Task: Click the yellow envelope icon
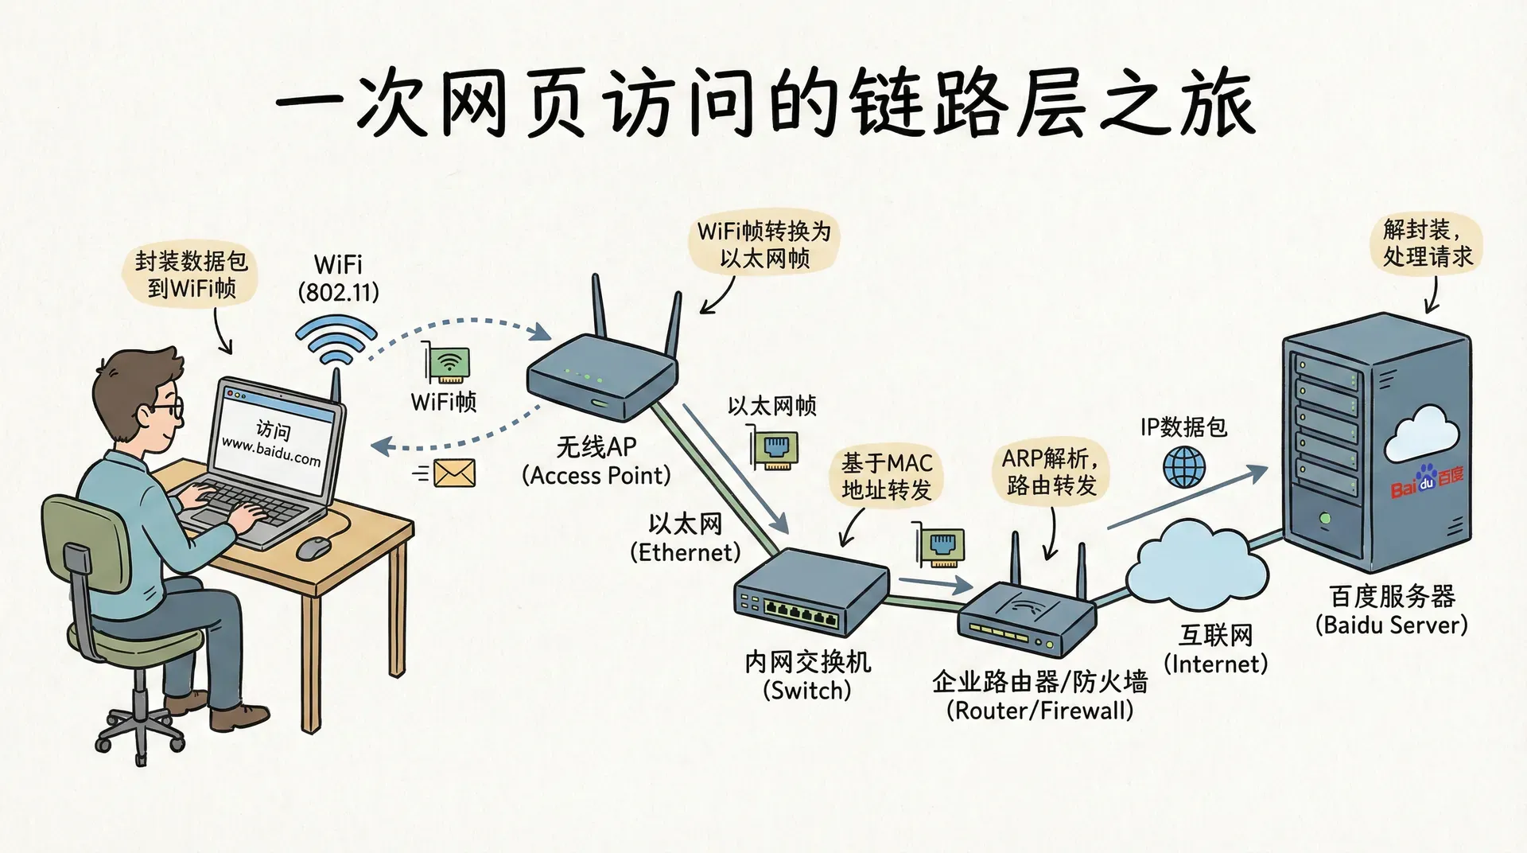coord(455,473)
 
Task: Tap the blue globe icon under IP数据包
coord(1184,466)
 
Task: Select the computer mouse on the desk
coord(314,547)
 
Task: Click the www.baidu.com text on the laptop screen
coord(270,451)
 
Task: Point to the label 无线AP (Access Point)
coord(596,461)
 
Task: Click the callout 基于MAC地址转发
coord(887,476)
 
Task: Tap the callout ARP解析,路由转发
coord(1051,471)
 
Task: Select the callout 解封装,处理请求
coord(1427,243)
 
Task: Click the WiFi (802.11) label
coord(339,278)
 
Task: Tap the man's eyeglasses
coord(169,408)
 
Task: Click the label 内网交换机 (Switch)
coord(807,676)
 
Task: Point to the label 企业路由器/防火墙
coord(1039,682)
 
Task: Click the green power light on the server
coord(1325,519)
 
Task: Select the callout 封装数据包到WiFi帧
coord(191,275)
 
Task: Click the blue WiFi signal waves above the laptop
coord(336,340)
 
